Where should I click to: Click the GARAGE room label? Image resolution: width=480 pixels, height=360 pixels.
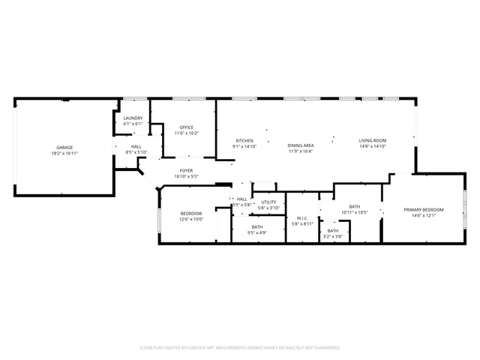tap(65, 147)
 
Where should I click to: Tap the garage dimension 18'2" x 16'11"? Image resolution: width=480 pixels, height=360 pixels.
tap(65, 153)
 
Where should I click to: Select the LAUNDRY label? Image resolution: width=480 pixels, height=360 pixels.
tap(133, 118)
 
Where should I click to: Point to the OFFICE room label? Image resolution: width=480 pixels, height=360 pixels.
tap(187, 127)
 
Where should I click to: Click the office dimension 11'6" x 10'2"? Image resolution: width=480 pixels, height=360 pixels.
tap(187, 133)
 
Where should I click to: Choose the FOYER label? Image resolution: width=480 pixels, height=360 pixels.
tap(186, 171)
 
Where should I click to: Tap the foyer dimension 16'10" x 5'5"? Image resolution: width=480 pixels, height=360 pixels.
tap(186, 177)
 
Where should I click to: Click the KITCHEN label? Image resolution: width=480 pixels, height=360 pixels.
tap(245, 141)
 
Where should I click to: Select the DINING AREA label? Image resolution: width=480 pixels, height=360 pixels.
tap(301, 145)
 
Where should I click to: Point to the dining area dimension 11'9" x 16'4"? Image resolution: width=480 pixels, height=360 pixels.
tap(301, 151)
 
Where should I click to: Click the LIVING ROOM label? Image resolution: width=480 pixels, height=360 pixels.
tap(372, 141)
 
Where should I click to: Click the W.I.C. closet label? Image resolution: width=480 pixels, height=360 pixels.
tap(302, 217)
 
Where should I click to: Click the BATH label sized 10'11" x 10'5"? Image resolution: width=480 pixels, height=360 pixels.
tap(355, 206)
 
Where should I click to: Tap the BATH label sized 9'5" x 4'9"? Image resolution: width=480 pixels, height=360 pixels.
tap(257, 227)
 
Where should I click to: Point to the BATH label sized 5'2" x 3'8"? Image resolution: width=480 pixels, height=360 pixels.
tap(333, 231)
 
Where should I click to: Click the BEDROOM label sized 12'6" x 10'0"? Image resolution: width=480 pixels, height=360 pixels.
tap(190, 214)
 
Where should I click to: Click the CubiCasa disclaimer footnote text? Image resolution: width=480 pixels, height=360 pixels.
tap(240, 348)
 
